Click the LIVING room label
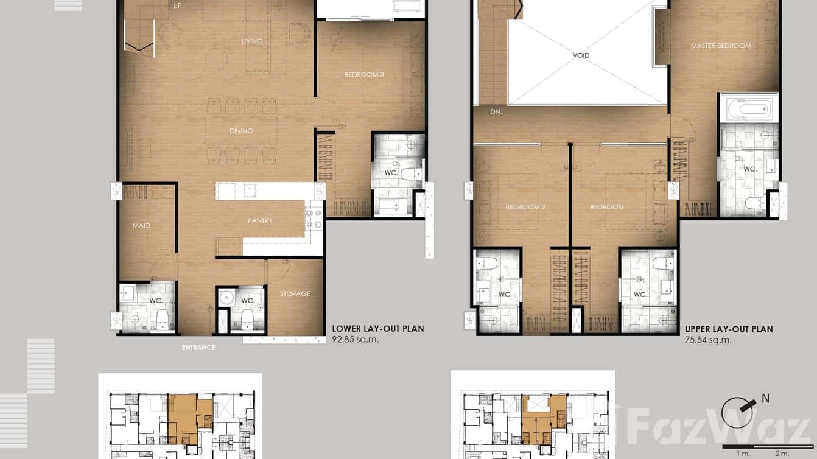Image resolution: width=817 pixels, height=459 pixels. [x=251, y=41]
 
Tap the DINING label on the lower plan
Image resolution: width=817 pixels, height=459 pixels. [x=241, y=131]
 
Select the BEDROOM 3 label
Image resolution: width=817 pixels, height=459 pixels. [x=364, y=75]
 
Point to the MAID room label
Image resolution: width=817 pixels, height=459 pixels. [x=141, y=226]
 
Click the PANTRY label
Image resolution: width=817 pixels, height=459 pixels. [x=260, y=220]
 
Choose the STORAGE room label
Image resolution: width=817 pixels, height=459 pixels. [x=295, y=293]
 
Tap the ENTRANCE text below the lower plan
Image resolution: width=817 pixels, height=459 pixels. [x=198, y=348]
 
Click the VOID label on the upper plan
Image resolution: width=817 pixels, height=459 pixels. [x=581, y=55]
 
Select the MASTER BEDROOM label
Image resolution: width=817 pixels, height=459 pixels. [x=721, y=46]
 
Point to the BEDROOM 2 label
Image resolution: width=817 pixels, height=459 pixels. [x=525, y=207]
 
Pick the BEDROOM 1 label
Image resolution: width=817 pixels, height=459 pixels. [x=609, y=207]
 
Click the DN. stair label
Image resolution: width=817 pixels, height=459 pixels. [x=496, y=112]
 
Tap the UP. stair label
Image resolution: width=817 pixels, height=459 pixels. [x=178, y=5]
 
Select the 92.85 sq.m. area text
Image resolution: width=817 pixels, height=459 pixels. [x=356, y=340]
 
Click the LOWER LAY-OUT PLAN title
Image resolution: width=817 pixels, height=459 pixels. [x=378, y=329]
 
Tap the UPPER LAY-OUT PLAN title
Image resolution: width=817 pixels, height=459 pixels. [x=729, y=329]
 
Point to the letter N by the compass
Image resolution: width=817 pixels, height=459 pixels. [x=765, y=399]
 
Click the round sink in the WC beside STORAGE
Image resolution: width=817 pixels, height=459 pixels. [x=227, y=298]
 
